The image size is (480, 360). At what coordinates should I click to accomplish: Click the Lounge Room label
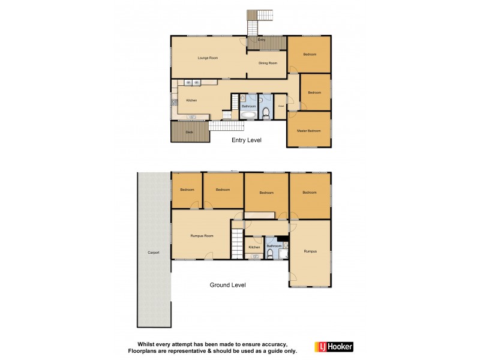(208, 58)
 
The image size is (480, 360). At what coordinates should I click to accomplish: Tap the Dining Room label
(268, 63)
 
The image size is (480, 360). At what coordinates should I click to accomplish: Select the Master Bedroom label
(310, 130)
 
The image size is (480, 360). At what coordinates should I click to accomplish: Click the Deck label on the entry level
(189, 131)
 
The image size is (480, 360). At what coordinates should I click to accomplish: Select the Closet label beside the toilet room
(281, 106)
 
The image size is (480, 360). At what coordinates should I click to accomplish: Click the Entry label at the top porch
(261, 40)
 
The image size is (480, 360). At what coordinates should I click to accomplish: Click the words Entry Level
(247, 140)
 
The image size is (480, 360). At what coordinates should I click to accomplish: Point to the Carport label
(154, 253)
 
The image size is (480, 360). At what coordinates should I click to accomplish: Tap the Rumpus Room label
(202, 236)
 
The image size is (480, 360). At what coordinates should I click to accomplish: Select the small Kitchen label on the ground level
(254, 247)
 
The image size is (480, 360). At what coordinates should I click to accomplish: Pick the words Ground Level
(227, 285)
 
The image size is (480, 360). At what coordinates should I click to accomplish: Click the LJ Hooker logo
(334, 347)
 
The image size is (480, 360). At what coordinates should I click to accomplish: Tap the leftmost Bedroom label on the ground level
(186, 190)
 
